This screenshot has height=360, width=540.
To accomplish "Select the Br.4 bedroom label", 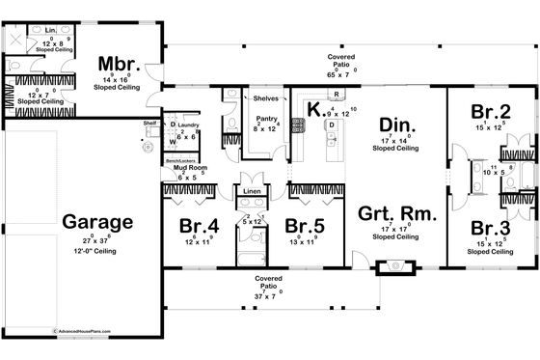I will (x=199, y=227).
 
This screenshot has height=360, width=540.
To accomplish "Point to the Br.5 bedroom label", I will (x=304, y=227).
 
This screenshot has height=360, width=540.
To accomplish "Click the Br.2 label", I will (x=490, y=110).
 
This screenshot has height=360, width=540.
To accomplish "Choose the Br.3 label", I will (x=491, y=228).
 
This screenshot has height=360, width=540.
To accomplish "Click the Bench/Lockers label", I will (x=183, y=156).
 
